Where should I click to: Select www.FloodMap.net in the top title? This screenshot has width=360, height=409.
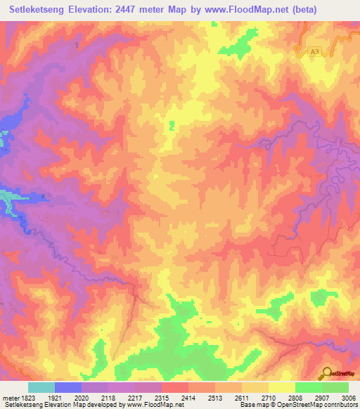(245, 10)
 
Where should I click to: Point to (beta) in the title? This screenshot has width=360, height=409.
(302, 10)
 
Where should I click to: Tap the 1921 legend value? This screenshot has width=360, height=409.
(56, 397)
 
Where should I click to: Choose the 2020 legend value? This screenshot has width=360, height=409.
(82, 397)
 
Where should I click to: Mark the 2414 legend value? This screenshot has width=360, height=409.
(188, 397)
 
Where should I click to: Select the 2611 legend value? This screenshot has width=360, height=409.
(241, 397)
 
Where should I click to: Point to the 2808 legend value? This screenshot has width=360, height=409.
(294, 397)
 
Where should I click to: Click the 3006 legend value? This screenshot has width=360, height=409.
(346, 397)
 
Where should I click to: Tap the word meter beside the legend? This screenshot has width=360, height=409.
(9, 397)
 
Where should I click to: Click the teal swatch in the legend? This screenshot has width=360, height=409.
(41, 387)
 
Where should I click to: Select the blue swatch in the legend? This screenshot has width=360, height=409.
(67, 387)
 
